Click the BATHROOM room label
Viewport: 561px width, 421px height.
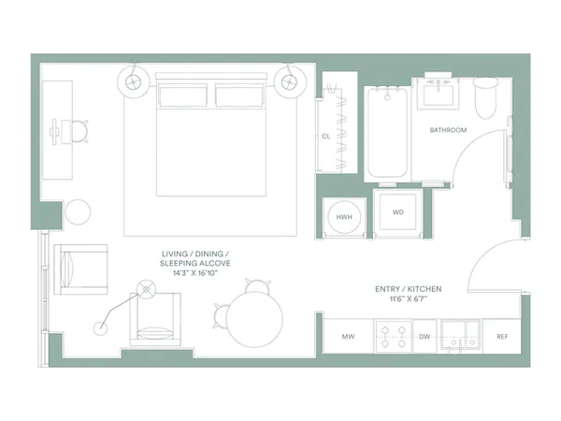pos(448,130)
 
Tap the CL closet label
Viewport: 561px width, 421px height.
pos(325,136)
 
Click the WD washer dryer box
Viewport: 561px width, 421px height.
pos(397,213)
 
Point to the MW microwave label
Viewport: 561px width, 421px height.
pos(348,336)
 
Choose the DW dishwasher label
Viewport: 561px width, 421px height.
pos(424,336)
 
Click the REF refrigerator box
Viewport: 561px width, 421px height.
pos(502,336)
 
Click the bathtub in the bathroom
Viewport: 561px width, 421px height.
pos(387,133)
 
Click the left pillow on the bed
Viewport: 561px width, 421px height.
pos(183,95)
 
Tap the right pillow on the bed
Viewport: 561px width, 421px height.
pos(241,95)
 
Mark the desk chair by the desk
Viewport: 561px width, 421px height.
pos(81,132)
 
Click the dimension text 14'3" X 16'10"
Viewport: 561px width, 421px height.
pos(194,276)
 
